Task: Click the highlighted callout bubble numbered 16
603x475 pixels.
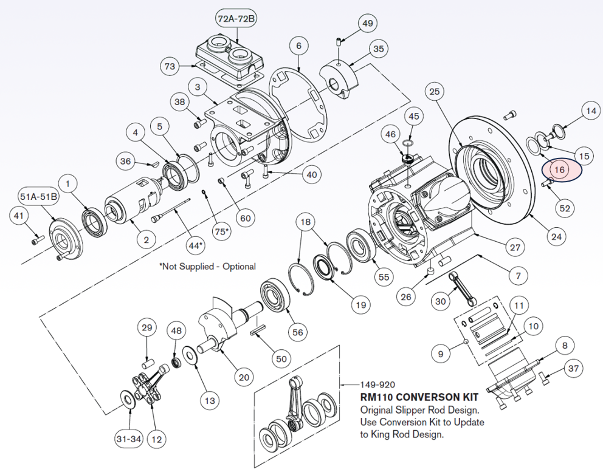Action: pyautogui.click(x=559, y=170)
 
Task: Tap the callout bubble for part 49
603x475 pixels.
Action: pyautogui.click(x=367, y=24)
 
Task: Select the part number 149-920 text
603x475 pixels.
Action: pyautogui.click(x=378, y=384)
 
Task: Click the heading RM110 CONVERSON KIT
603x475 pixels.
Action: pyautogui.click(x=419, y=398)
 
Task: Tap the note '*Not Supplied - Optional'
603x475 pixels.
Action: pyautogui.click(x=207, y=266)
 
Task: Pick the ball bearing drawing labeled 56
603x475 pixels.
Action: pyautogui.click(x=277, y=296)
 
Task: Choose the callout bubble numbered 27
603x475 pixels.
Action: pyautogui.click(x=514, y=247)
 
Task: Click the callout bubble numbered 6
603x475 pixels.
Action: pyautogui.click(x=298, y=46)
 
